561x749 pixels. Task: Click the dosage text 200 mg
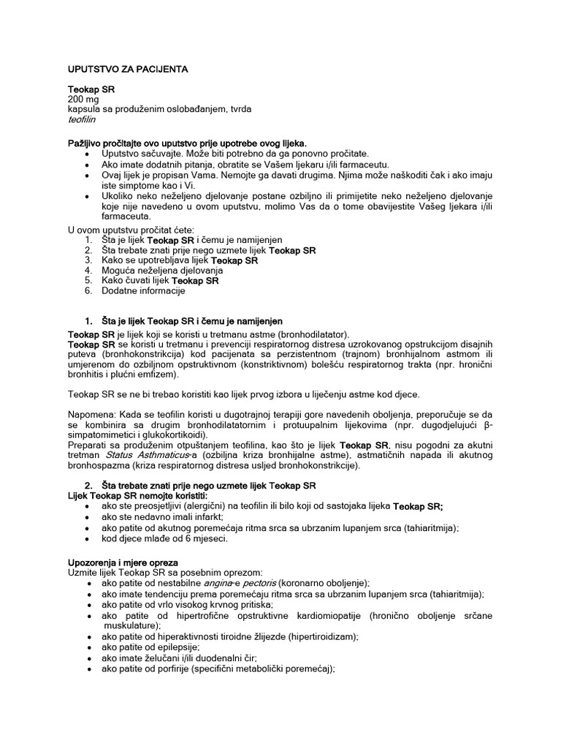coord(83,99)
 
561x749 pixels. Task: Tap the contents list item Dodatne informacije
coord(143,290)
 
